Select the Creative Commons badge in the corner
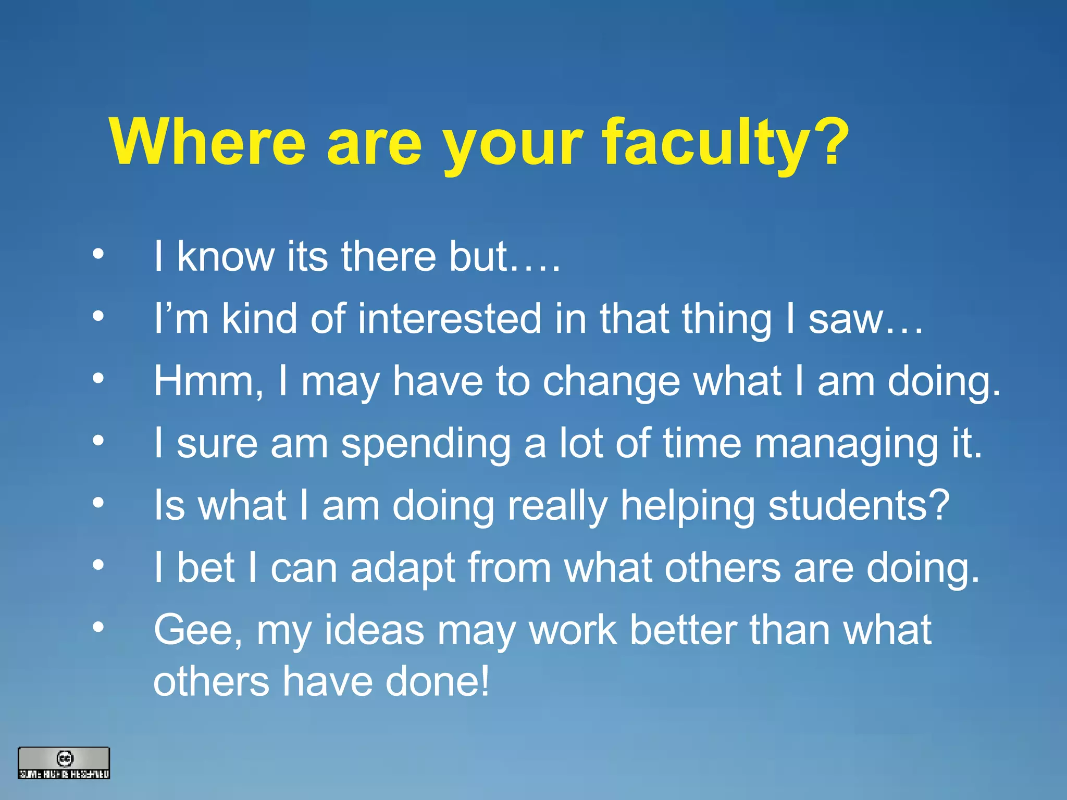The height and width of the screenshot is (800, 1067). tap(64, 763)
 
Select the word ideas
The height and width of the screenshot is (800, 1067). tap(374, 630)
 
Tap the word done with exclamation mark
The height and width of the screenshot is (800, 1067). tap(438, 681)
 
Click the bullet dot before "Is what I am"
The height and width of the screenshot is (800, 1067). tap(98, 503)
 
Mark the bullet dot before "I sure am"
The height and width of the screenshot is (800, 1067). tap(98, 441)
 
